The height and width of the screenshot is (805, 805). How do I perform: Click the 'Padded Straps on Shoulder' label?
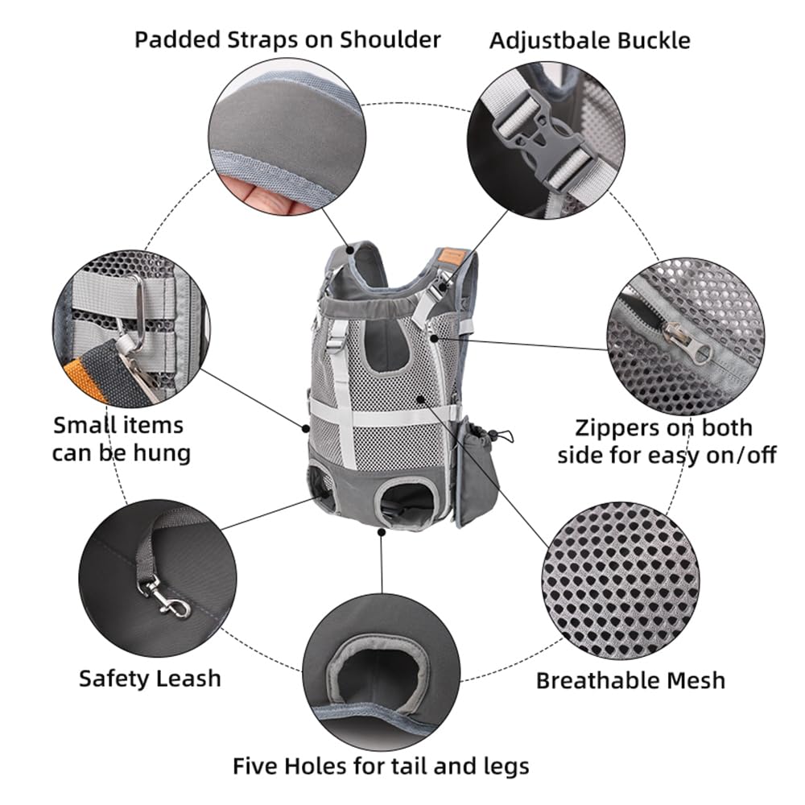(x=287, y=39)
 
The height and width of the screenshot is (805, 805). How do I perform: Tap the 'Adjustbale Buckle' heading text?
(x=590, y=39)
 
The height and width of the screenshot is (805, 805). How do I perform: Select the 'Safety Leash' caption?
(x=150, y=678)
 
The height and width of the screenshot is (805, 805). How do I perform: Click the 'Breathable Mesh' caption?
(x=630, y=680)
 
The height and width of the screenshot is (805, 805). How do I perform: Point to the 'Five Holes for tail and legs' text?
(x=381, y=765)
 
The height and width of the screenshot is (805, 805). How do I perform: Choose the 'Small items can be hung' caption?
(x=122, y=439)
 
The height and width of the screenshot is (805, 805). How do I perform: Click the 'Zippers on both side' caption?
(x=667, y=440)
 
